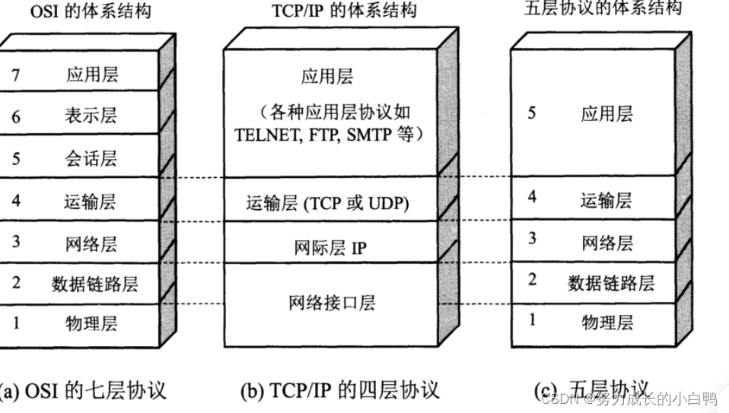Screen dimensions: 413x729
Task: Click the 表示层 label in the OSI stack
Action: [x=91, y=116]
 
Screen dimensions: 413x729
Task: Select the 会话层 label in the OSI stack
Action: [x=91, y=159]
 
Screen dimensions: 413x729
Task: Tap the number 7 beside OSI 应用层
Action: [x=16, y=75]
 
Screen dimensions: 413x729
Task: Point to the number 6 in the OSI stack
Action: [x=16, y=117]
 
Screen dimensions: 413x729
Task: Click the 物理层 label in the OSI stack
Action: [x=91, y=323]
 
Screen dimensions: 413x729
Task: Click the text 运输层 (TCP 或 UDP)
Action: [x=327, y=204]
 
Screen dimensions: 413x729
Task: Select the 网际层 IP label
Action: [x=330, y=248]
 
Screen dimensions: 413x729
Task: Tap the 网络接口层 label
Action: [x=332, y=303]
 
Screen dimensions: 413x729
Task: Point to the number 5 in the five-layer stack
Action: [x=532, y=113]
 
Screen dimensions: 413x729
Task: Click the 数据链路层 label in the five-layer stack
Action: [x=611, y=283]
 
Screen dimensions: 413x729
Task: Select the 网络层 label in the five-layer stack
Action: [x=607, y=243]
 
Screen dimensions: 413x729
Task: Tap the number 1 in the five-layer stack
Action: [x=532, y=320]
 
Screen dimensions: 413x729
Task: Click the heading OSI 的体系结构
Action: [x=89, y=11]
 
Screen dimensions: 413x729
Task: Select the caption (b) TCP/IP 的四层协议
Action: [x=339, y=391]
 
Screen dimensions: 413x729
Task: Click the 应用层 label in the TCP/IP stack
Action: [x=327, y=77]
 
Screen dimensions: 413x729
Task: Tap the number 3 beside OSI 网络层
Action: [x=16, y=243]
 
